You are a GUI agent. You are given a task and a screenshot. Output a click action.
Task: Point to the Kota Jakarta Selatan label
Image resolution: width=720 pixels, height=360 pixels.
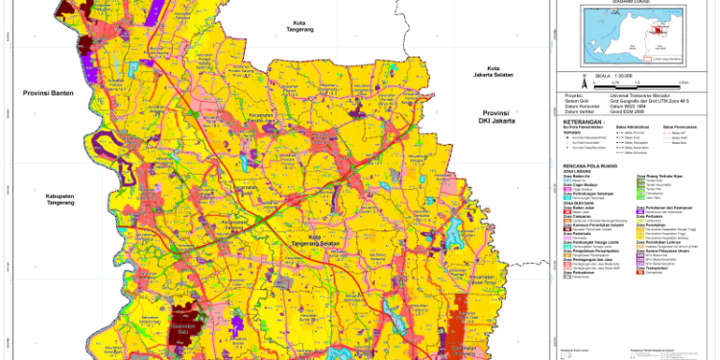[494, 73]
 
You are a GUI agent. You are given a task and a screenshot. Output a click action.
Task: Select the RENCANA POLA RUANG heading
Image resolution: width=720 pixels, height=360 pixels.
[592, 165]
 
